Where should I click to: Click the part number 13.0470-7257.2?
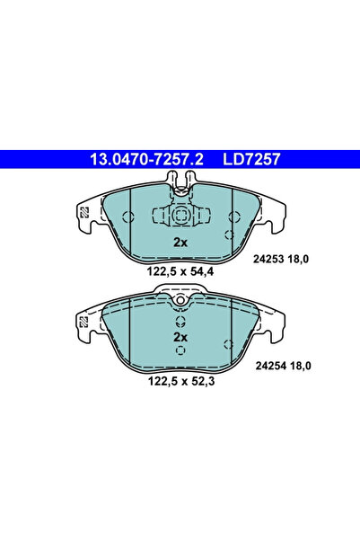(145, 160)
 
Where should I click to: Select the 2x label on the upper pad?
(180, 243)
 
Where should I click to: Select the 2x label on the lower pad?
(180, 336)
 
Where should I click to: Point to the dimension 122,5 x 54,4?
(180, 271)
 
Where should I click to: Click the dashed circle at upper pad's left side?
(127, 217)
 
